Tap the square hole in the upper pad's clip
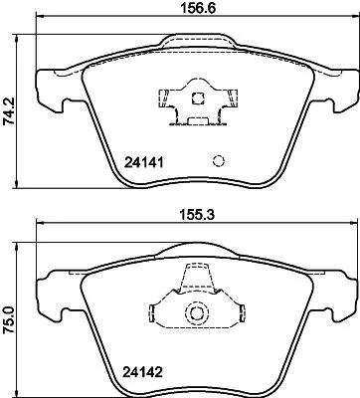click(198, 99)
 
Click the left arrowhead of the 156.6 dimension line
click(40, 20)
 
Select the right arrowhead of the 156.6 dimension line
click(353, 20)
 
